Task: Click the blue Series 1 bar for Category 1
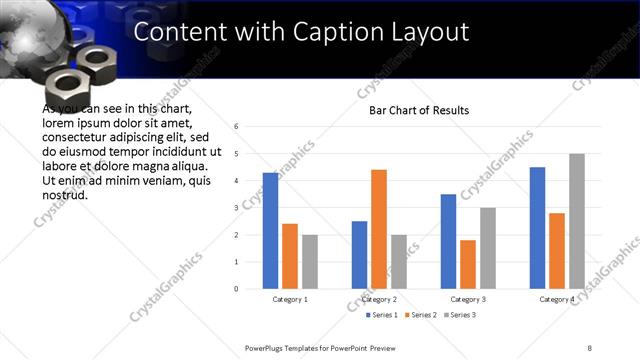pos(270,231)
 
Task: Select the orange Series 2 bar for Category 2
pos(379,229)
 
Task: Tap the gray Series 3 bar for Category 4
pos(577,221)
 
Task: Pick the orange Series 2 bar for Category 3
pos(468,264)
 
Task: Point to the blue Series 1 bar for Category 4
pos(537,228)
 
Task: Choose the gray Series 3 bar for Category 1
pos(310,262)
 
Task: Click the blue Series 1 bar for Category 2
pos(359,255)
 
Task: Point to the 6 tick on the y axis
pos(235,127)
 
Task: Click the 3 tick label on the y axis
pos(235,208)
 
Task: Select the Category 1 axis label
pos(290,299)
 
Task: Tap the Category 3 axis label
pos(468,299)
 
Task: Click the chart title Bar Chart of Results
pos(412,110)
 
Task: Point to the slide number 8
pos(589,347)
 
